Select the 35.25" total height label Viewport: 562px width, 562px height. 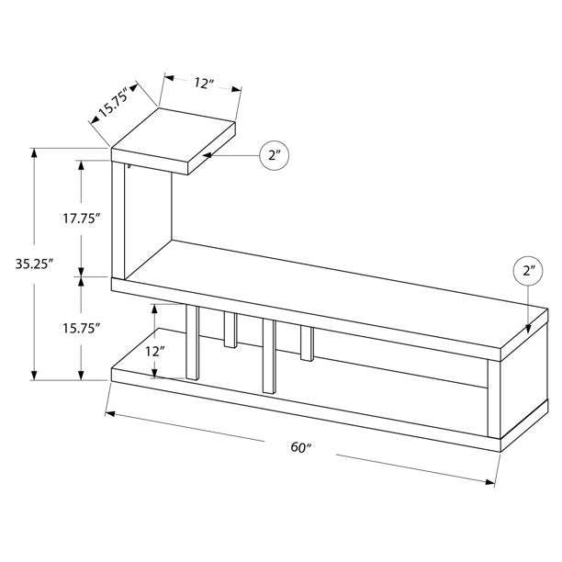pyautogui.click(x=35, y=263)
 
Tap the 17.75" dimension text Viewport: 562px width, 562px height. pyautogui.click(x=81, y=218)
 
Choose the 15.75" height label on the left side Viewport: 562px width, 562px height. pyautogui.click(x=81, y=327)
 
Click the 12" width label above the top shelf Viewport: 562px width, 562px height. pyautogui.click(x=204, y=83)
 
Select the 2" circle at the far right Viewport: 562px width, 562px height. pyautogui.click(x=528, y=273)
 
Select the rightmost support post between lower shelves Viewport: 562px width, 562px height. pyautogui.click(x=306, y=341)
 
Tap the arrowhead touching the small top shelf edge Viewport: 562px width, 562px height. pyautogui.click(x=213, y=156)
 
